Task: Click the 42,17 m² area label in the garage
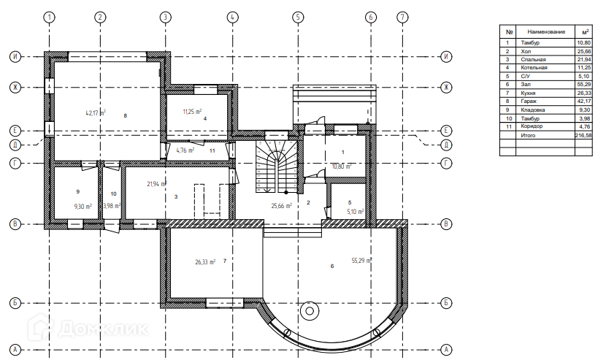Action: pyautogui.click(x=96, y=113)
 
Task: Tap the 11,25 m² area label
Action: pyautogui.click(x=192, y=112)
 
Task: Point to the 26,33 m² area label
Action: pyautogui.click(x=204, y=261)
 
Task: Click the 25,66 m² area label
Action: pyautogui.click(x=282, y=206)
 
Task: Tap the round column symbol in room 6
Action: pyautogui.click(x=310, y=311)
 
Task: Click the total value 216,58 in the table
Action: pyautogui.click(x=584, y=135)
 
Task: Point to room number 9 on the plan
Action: pyautogui.click(x=77, y=191)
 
